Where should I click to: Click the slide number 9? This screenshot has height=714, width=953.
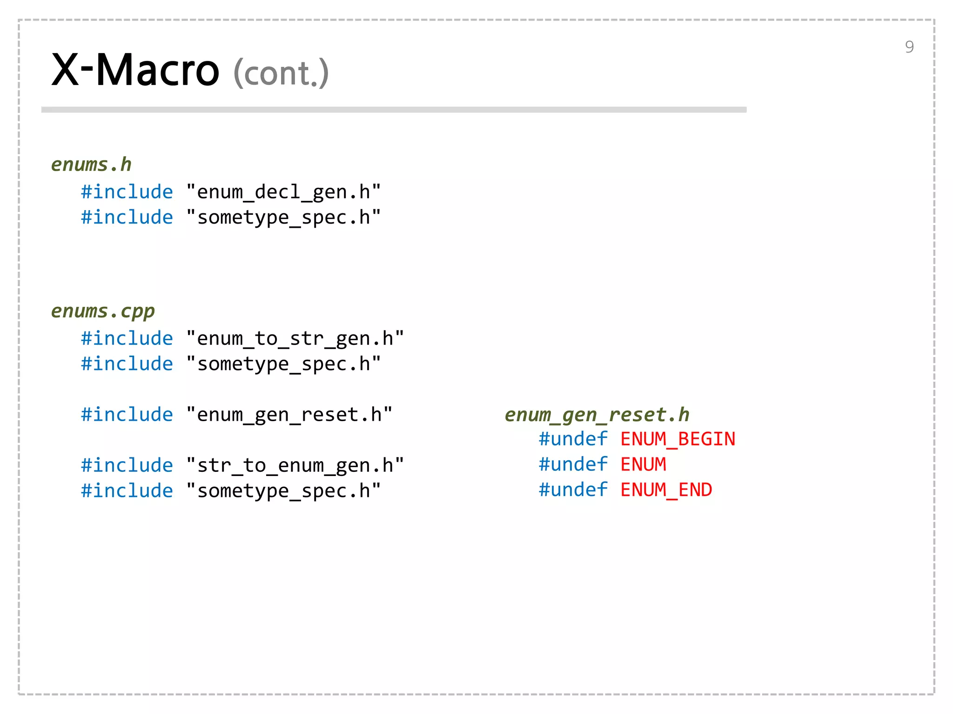click(x=909, y=47)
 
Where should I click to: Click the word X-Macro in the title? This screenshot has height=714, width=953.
click(x=135, y=71)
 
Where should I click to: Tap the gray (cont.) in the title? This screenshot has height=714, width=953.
click(x=281, y=73)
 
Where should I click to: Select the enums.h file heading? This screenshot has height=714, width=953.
click(x=91, y=165)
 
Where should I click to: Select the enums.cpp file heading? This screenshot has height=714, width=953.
click(x=103, y=311)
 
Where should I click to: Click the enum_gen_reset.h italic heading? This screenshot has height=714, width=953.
click(x=597, y=415)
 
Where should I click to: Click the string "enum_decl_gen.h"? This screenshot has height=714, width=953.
click(x=283, y=192)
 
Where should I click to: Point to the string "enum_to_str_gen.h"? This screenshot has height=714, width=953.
click(x=295, y=338)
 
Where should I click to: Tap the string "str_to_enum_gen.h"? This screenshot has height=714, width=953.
click(x=295, y=465)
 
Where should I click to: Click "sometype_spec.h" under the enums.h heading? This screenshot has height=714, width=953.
click(x=283, y=218)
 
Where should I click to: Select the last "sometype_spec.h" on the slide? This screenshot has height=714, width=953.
click(x=283, y=491)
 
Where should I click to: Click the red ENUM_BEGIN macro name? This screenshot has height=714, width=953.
click(x=678, y=439)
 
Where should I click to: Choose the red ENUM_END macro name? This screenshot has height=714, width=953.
click(x=666, y=490)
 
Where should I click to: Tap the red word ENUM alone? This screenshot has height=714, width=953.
click(x=643, y=464)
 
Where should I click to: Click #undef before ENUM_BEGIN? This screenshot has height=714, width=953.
click(x=573, y=439)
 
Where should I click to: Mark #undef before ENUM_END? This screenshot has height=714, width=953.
click(x=573, y=490)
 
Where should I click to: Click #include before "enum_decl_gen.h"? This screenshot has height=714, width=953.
click(x=127, y=192)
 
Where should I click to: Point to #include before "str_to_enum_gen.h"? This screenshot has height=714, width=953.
click(x=127, y=465)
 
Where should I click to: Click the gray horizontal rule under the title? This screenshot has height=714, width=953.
click(x=394, y=110)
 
